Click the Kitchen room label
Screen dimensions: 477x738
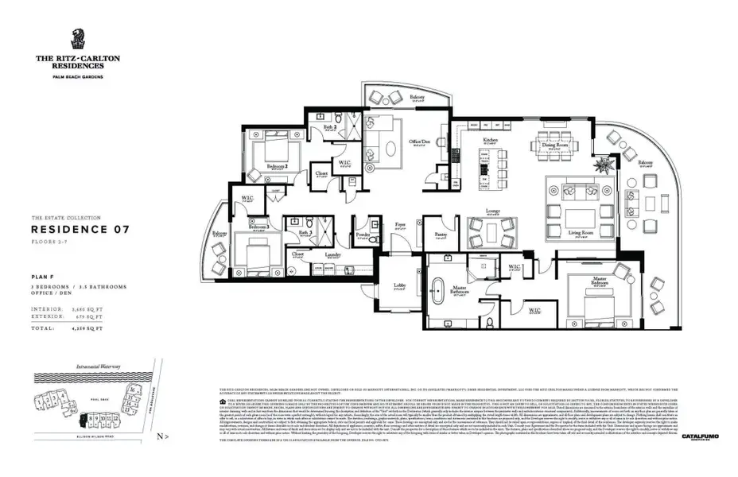(x=491, y=140)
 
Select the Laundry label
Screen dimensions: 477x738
(x=334, y=254)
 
